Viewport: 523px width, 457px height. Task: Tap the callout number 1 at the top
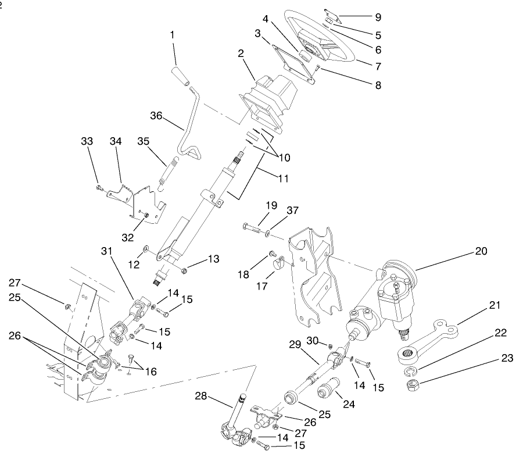(x=172, y=35)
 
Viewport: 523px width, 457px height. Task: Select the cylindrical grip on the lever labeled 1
(x=178, y=77)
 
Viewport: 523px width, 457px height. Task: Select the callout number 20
(x=481, y=251)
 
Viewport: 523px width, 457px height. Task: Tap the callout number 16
(x=150, y=371)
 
